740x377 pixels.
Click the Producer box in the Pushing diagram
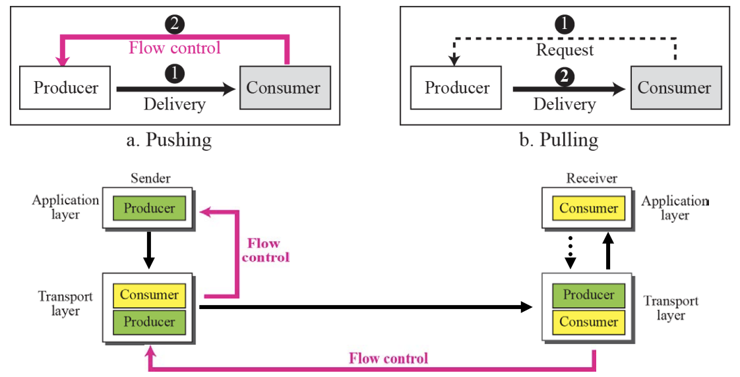point(66,88)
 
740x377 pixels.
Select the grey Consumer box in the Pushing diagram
point(284,88)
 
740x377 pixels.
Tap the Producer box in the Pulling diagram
point(457,88)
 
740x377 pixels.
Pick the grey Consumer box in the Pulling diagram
point(674,88)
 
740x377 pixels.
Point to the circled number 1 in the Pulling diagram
point(565,25)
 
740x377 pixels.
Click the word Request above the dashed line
point(565,50)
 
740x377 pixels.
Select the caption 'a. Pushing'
point(170,140)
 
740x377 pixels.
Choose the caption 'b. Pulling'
point(559,140)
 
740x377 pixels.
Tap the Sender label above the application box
point(150,179)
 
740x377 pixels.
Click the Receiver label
point(592,179)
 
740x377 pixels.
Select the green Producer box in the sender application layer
point(150,208)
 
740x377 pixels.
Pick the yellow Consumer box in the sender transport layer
point(149,295)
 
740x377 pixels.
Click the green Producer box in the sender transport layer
point(149,322)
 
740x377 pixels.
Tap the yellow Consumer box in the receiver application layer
point(588,208)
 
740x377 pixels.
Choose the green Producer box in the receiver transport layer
point(588,295)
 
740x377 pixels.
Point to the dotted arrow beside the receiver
point(571,251)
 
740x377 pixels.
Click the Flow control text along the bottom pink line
point(388,359)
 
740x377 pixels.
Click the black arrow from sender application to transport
point(149,251)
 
